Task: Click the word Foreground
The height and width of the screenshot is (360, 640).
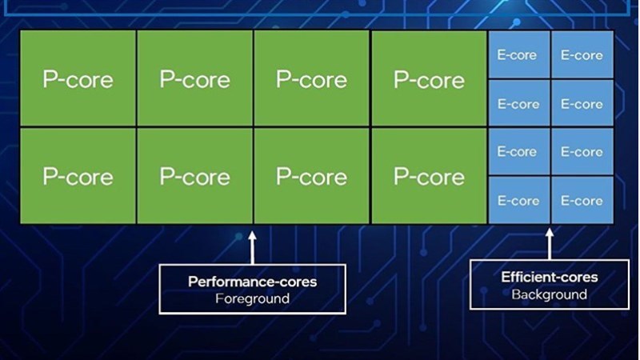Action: (252, 298)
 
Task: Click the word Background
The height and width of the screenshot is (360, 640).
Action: (549, 294)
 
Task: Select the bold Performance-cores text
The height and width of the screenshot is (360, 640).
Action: (252, 282)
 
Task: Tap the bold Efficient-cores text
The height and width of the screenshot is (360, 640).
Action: (549, 278)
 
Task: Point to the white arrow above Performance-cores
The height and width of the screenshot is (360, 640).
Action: (253, 247)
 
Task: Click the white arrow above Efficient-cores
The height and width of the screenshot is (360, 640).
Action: (550, 244)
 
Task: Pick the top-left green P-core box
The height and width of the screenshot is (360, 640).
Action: (78, 79)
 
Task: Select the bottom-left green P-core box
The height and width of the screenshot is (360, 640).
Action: (78, 176)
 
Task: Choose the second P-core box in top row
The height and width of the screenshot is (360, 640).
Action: (194, 79)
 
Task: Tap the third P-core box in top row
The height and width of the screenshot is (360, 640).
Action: (311, 79)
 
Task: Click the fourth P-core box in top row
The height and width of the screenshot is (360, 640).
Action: (429, 79)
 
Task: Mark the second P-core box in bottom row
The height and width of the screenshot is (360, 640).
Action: (194, 176)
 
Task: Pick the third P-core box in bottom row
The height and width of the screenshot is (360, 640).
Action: (311, 176)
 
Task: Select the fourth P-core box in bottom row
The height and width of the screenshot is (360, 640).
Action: (429, 176)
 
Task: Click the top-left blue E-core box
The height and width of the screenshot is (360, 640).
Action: (518, 55)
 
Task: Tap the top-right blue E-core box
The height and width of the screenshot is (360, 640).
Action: (582, 55)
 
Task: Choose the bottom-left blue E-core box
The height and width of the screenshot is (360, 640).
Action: (518, 200)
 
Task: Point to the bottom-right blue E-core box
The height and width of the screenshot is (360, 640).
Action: (582, 200)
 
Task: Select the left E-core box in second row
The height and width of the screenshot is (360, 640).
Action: (518, 104)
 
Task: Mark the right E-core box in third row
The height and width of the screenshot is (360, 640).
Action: (582, 152)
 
